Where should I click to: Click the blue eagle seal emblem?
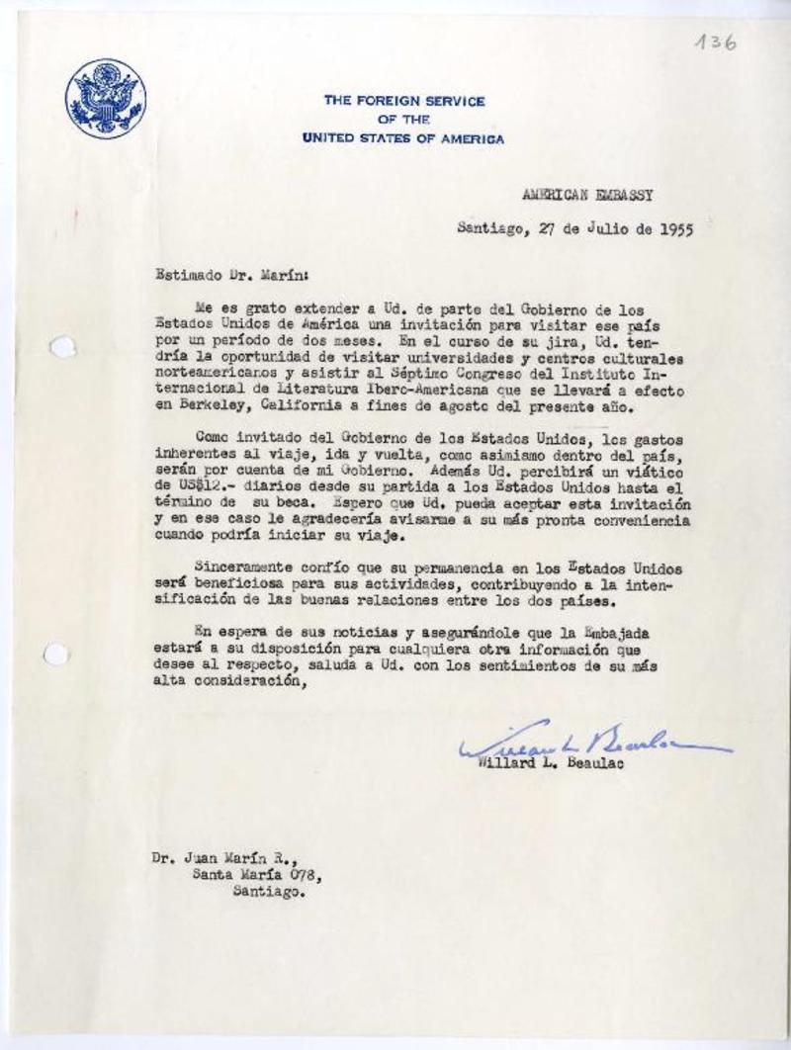tap(105, 97)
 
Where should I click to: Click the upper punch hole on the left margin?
tap(61, 347)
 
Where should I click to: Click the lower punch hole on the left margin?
tap(56, 654)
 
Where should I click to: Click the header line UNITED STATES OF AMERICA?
tap(402, 139)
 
